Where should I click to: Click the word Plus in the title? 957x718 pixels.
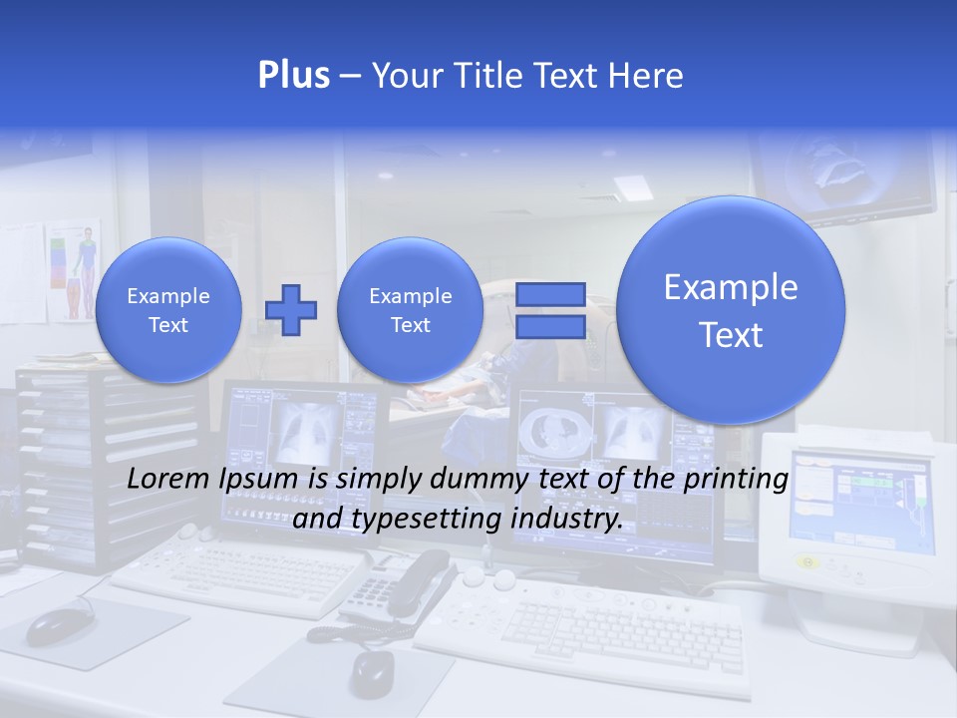293,75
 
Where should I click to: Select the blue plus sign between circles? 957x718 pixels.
291,309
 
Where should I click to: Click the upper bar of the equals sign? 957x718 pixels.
549,294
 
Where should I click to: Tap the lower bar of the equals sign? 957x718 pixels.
549,327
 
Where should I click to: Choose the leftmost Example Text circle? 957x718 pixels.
168,309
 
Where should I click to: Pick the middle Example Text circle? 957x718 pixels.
410,309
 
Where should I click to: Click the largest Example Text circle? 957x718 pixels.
731,310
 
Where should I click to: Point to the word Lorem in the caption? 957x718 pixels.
167,479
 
